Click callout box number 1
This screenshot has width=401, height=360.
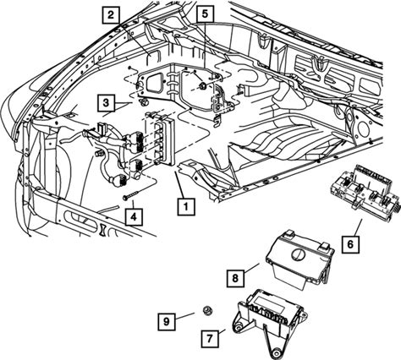[186, 207]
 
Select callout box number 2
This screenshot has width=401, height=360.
[111, 14]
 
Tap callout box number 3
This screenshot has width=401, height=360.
[106, 103]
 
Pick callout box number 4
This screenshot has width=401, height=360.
[134, 217]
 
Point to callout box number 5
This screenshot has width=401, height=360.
[206, 14]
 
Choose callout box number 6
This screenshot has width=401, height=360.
[350, 244]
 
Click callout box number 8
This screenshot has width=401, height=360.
[235, 279]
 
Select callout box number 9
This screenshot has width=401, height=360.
[167, 321]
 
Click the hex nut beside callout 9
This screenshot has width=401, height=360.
[207, 310]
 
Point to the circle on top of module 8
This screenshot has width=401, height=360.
[298, 254]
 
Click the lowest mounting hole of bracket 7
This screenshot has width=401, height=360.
[275, 352]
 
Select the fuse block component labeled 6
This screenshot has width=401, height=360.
[365, 191]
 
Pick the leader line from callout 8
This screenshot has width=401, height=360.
[251, 268]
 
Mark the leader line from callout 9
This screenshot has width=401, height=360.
[184, 315]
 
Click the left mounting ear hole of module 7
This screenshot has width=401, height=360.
[239, 327]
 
